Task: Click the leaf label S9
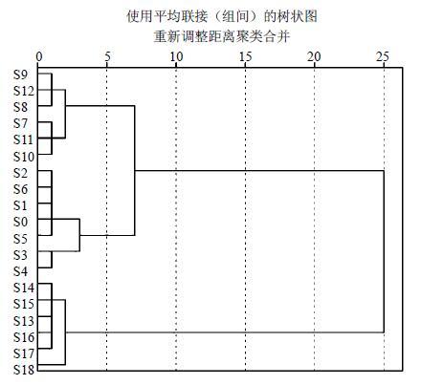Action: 21,75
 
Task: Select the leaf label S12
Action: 24,91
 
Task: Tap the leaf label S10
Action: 24,157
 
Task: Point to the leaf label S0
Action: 21,222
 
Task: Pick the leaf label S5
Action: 21,239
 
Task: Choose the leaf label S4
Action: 21,271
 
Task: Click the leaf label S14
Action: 24,288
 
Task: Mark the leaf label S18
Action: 24,370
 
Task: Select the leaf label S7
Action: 21,123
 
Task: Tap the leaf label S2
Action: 21,173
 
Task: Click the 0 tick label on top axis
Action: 39,56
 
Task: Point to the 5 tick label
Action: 107,56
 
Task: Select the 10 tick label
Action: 176,56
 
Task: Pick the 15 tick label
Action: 245,56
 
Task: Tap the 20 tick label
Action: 314,56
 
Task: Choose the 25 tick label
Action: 383,56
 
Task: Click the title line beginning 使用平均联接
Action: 222,16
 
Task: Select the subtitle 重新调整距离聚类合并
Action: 222,36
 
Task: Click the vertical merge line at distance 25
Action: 384,251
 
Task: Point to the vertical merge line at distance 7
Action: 135,170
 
